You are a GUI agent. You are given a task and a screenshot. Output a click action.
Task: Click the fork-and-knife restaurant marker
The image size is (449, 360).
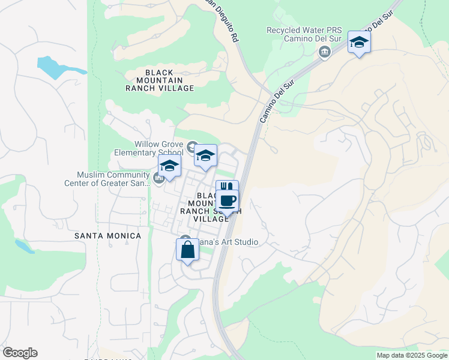click(x=227, y=187)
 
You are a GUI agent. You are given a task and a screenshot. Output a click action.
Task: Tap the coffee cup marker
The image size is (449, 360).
click(x=228, y=201)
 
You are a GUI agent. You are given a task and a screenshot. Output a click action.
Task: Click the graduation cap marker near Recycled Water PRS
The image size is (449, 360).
click(x=359, y=42)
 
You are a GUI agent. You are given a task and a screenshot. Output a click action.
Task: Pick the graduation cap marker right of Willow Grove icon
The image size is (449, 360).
click(x=205, y=156)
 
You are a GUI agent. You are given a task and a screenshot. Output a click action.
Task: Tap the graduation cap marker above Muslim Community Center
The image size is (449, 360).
click(x=169, y=166)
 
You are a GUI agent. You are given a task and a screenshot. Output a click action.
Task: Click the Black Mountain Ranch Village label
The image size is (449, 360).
click(x=160, y=80)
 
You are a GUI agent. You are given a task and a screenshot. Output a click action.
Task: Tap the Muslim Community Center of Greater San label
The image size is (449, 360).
click(x=113, y=179)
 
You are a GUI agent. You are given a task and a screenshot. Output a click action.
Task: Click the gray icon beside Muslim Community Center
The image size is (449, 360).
click(x=158, y=178)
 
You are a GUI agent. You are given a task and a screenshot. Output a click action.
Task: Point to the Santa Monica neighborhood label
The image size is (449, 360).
click(x=108, y=236)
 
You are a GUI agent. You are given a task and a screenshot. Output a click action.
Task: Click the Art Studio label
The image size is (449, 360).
click(x=229, y=242)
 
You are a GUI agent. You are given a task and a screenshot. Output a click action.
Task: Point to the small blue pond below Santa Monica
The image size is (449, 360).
click(x=22, y=246)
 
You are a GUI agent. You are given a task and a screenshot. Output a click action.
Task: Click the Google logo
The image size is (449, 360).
click(x=20, y=353)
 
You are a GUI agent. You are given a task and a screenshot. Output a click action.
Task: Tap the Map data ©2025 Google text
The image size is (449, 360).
click(x=411, y=355)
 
